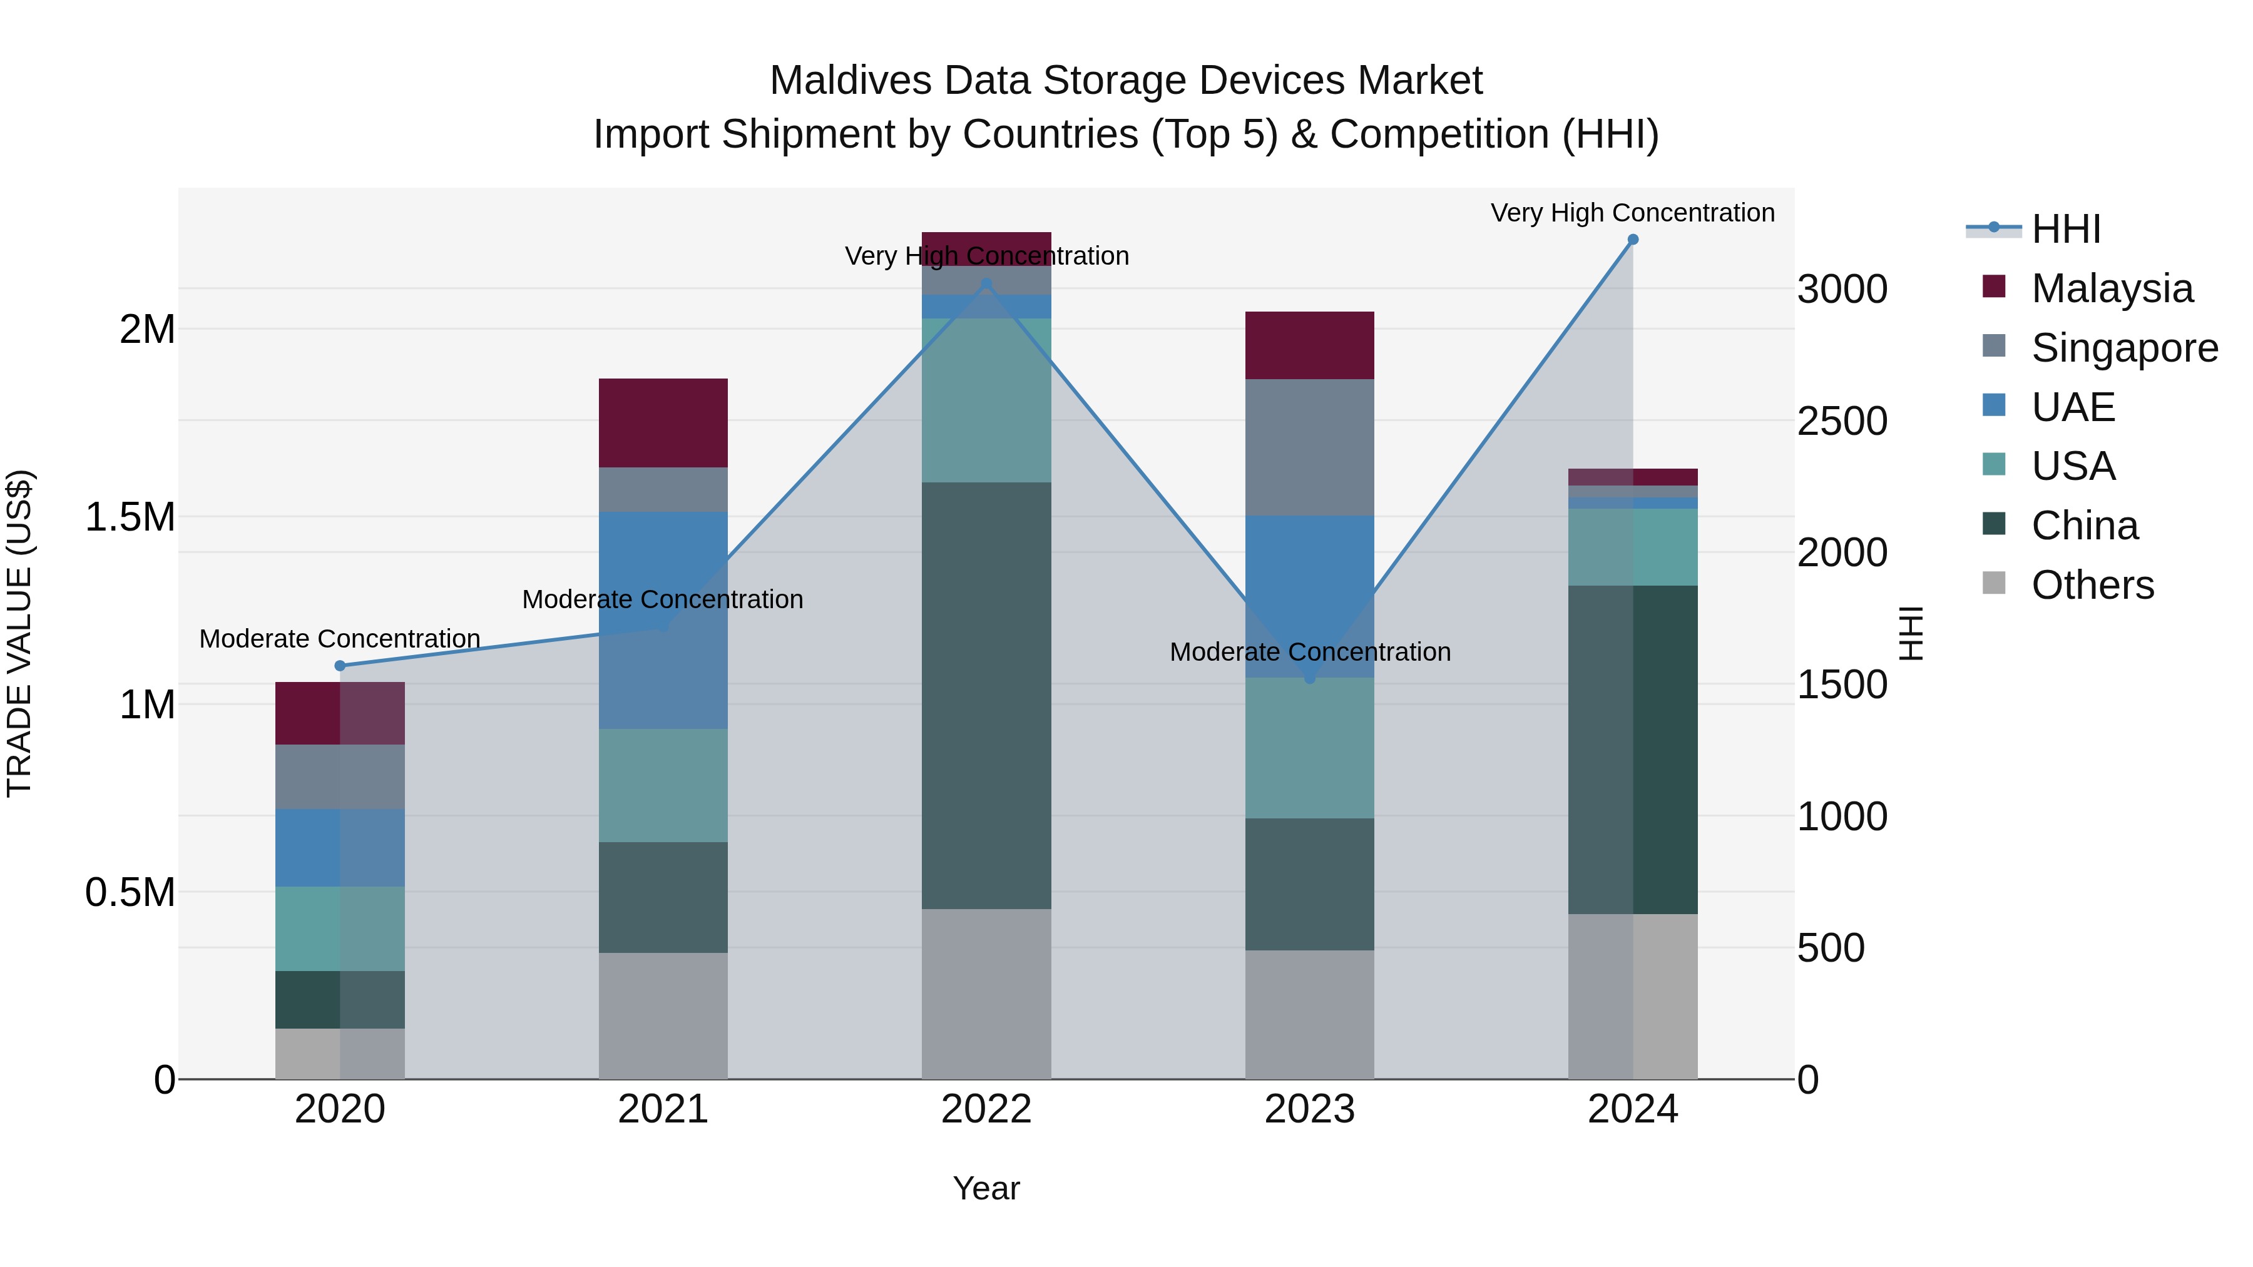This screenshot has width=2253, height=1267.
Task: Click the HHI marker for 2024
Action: pos(1632,240)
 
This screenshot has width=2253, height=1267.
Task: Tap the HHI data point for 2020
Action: pos(340,666)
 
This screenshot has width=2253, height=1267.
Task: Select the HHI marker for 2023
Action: pos(1309,678)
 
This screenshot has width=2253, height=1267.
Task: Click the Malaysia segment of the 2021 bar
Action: pos(663,423)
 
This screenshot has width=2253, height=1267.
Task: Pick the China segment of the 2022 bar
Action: pos(986,695)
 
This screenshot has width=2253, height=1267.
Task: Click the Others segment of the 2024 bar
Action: pos(1632,996)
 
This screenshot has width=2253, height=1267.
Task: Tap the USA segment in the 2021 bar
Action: pos(663,785)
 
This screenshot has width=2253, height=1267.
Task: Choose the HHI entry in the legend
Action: pos(2065,229)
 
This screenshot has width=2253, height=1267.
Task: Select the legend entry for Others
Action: pos(2092,585)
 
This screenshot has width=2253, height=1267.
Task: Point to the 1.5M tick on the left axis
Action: pos(130,517)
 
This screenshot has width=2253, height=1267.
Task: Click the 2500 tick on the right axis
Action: pos(1842,422)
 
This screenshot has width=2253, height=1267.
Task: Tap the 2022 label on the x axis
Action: pos(986,1109)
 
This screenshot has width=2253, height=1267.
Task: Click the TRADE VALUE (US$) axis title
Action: pos(20,633)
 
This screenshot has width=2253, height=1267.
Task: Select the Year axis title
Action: pos(986,1188)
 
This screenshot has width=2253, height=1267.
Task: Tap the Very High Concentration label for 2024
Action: pos(1632,213)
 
